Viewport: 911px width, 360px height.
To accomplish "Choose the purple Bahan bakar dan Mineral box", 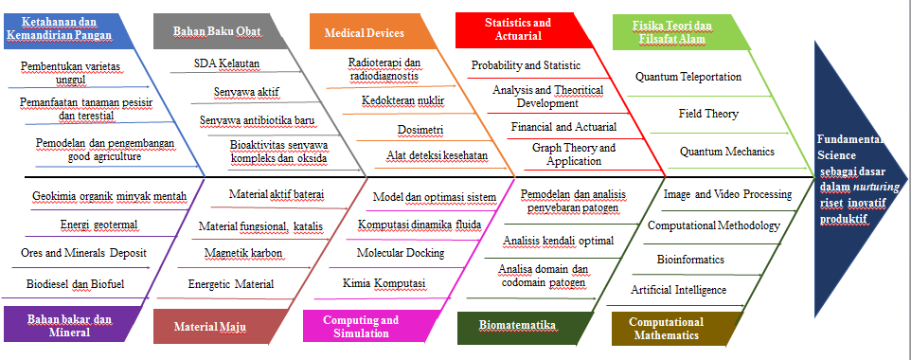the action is tap(67, 326).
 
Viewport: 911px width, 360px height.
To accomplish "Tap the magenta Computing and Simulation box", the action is tap(366, 326).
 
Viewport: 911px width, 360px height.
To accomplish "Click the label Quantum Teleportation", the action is tap(688, 77).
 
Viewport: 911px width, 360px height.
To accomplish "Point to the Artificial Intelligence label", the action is tap(679, 290).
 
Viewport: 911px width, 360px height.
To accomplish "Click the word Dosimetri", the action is tap(420, 130).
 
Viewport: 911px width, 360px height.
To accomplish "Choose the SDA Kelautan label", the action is tap(226, 63).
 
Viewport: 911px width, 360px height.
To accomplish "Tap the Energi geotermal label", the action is tap(99, 225).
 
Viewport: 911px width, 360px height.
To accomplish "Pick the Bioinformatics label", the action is tap(690, 259).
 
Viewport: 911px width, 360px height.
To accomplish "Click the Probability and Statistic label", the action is tap(526, 65).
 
